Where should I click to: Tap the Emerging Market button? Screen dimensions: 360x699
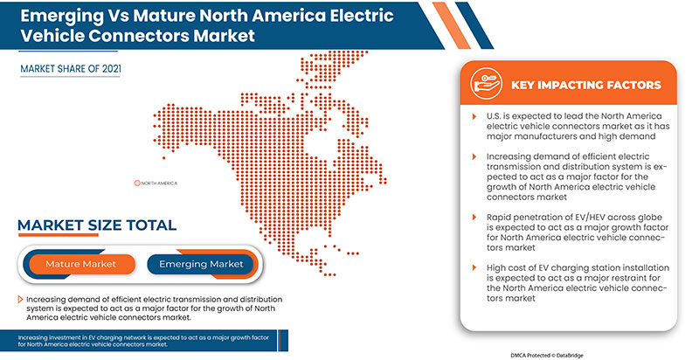(x=200, y=263)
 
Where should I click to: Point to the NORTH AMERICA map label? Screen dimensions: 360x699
(x=159, y=183)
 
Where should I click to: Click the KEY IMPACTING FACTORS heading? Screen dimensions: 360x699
(x=586, y=87)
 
